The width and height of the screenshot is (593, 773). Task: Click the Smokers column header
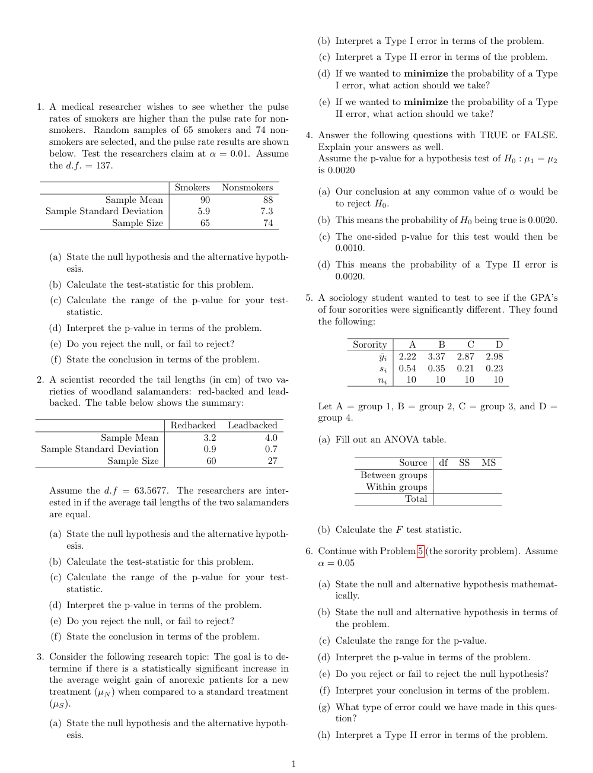click(x=192, y=187)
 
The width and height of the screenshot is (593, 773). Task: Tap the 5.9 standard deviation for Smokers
click(x=204, y=211)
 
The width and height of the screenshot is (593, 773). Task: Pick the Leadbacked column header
click(x=252, y=425)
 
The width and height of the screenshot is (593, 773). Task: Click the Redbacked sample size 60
click(x=211, y=461)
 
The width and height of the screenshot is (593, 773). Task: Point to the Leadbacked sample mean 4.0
click(x=270, y=438)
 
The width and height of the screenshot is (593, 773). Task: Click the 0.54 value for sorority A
click(x=407, y=368)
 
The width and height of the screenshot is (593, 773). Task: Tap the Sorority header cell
click(x=369, y=345)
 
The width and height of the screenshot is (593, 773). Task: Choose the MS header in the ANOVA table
click(x=489, y=463)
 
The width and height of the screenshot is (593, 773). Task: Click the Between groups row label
click(x=394, y=475)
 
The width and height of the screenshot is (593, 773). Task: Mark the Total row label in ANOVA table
click(x=416, y=499)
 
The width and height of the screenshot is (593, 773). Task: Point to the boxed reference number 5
click(x=420, y=551)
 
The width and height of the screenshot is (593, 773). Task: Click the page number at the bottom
click(x=293, y=764)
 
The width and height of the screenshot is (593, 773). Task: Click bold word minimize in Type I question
click(x=426, y=74)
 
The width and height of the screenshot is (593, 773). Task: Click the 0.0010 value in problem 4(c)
click(x=350, y=248)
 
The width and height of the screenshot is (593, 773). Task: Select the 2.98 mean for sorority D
click(x=494, y=357)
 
